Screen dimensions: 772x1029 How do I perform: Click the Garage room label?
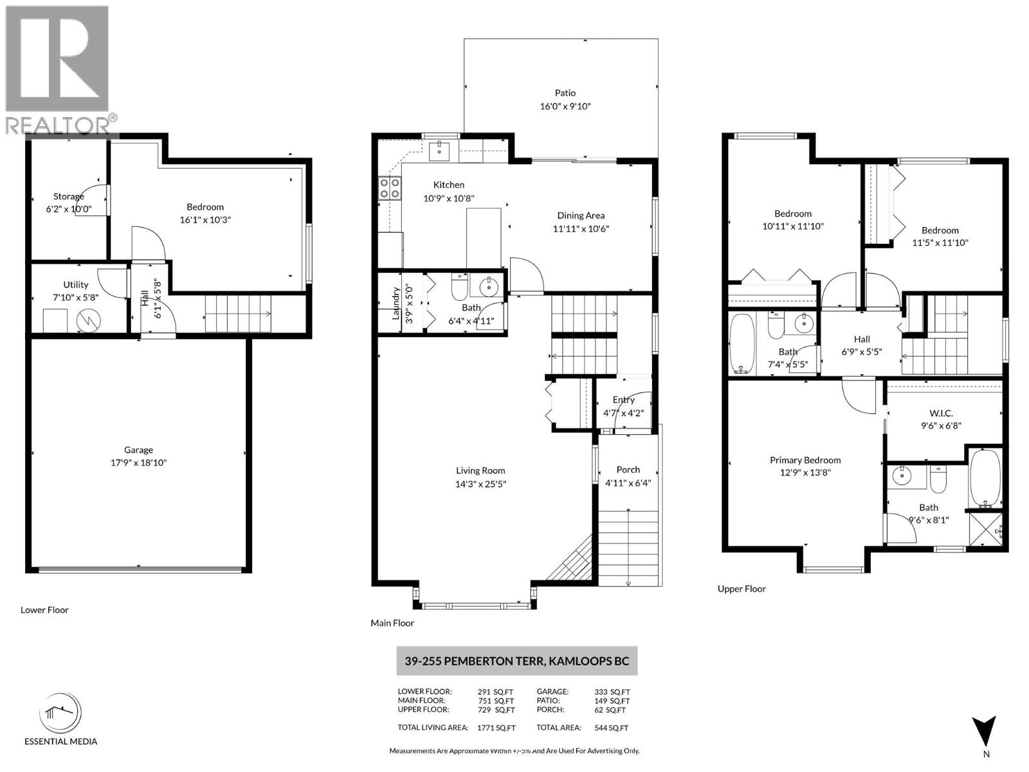tap(138, 450)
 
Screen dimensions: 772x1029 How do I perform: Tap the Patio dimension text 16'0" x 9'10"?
tap(565, 107)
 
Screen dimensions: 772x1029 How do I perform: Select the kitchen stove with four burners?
tap(389, 188)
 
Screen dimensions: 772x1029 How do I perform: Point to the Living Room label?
tap(480, 470)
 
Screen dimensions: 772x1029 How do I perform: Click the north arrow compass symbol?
tap(984, 731)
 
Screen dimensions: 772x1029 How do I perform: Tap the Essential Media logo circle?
tap(60, 713)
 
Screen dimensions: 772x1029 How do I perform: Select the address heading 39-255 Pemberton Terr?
tap(516, 661)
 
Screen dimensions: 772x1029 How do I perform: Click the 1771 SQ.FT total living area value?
tap(496, 728)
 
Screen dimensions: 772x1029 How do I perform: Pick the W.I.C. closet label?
tap(941, 413)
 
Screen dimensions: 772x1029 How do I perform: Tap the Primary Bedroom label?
tap(805, 460)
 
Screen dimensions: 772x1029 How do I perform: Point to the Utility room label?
tap(75, 284)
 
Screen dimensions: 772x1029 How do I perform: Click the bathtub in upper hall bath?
tap(742, 344)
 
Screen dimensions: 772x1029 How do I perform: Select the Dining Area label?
tap(580, 216)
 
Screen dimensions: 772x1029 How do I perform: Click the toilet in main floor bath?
tap(459, 287)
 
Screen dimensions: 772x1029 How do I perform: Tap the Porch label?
tap(628, 470)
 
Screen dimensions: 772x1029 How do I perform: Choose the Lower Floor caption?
tap(44, 610)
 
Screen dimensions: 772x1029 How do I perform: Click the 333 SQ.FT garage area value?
tap(612, 692)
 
